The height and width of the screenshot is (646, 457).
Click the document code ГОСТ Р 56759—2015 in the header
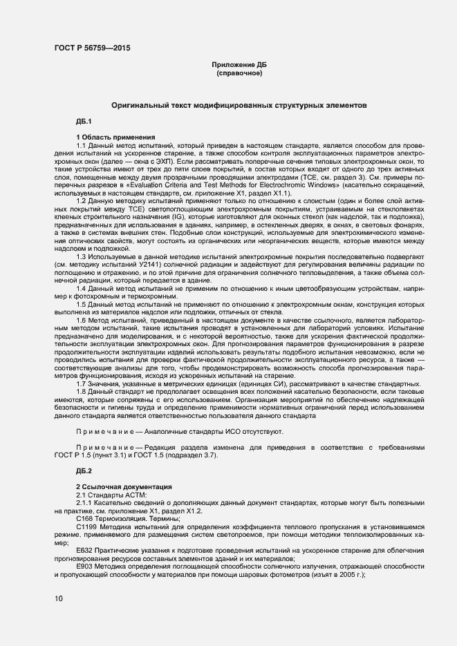(x=91, y=48)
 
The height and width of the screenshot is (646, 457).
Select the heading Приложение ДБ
(x=239, y=64)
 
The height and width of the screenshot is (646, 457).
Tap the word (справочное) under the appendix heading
(x=239, y=73)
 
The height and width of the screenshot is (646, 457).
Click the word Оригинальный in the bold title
(x=140, y=106)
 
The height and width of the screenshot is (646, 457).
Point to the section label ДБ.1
(x=84, y=122)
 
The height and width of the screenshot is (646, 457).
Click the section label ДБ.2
(x=84, y=471)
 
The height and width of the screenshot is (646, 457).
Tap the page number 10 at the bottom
(x=59, y=598)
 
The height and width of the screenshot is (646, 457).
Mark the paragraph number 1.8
(x=82, y=390)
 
